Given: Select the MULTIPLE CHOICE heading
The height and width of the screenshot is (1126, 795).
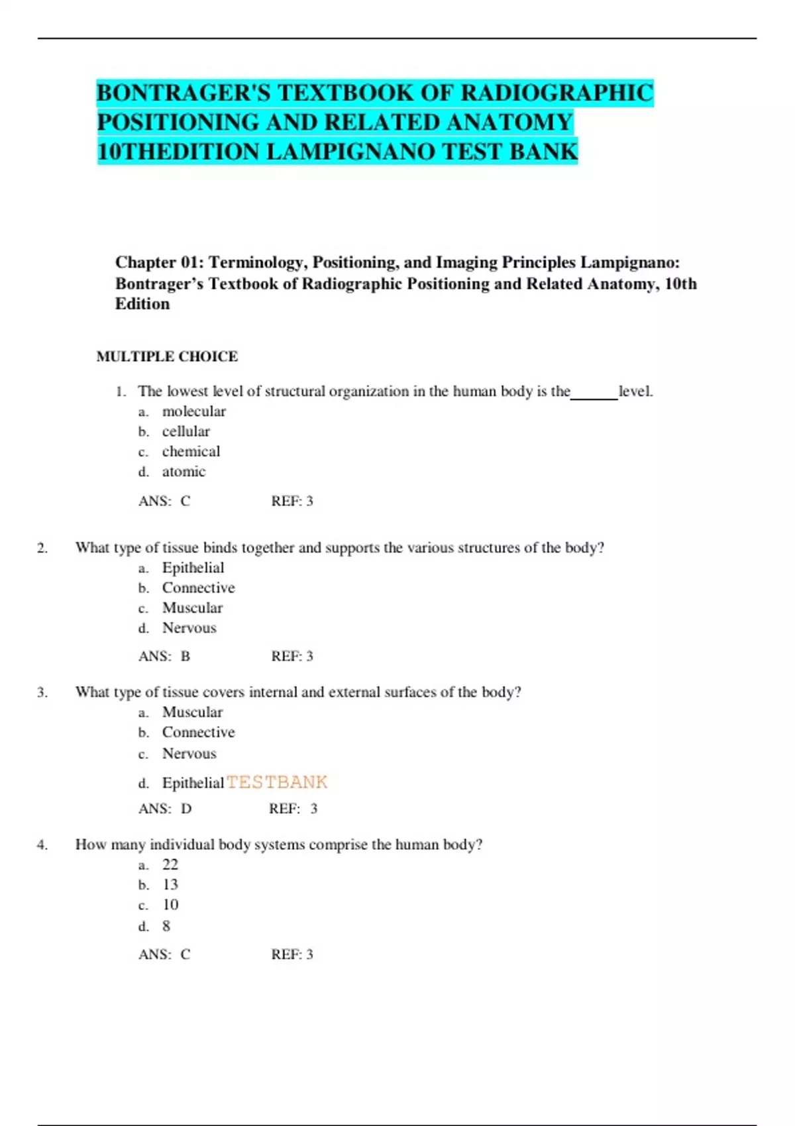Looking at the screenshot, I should click(167, 356).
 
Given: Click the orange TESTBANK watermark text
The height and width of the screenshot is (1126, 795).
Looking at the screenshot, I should click(277, 782).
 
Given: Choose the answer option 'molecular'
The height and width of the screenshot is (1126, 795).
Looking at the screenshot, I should click(193, 411).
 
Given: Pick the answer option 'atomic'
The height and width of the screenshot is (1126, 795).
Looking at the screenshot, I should click(184, 472).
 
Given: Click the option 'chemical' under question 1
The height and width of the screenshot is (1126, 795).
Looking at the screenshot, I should click(191, 452).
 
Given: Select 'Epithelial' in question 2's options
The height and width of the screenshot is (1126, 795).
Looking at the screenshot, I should click(193, 568).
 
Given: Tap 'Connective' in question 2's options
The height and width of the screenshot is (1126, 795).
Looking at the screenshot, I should click(198, 588).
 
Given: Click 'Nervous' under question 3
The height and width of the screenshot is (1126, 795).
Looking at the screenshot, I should click(189, 754).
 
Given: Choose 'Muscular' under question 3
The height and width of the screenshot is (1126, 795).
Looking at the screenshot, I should click(192, 712).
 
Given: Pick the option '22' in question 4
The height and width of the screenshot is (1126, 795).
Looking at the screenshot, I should click(170, 864).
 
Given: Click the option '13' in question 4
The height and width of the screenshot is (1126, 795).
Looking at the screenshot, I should click(170, 885).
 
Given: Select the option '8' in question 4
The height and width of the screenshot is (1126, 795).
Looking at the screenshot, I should click(166, 926).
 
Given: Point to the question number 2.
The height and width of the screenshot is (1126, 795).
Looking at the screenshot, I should click(42, 548).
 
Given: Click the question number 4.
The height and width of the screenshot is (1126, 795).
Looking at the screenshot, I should click(42, 844).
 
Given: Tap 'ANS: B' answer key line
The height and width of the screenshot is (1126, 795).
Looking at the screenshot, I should click(164, 656).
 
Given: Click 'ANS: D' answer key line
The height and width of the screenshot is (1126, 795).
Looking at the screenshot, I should click(165, 809).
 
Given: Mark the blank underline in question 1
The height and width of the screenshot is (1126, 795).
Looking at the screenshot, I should click(594, 397).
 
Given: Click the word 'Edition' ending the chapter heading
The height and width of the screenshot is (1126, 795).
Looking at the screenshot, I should click(142, 304).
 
